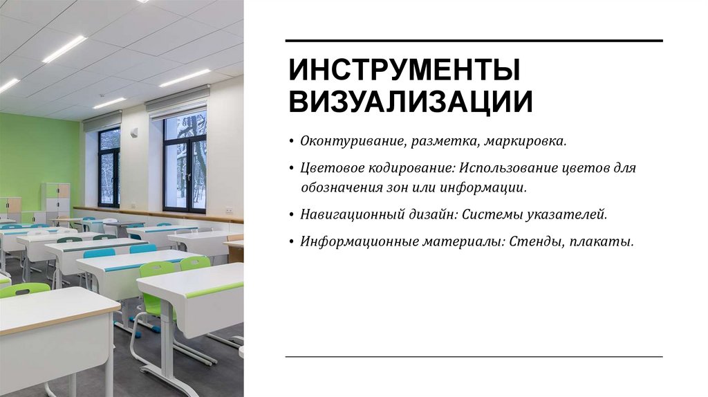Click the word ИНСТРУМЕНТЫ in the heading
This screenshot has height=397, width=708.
click(x=404, y=71)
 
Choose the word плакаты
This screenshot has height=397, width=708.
click(x=608, y=241)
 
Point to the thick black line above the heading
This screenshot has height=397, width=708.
click(x=474, y=41)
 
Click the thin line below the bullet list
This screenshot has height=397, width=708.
click(x=474, y=357)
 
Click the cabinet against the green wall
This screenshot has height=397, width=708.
click(x=56, y=200)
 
